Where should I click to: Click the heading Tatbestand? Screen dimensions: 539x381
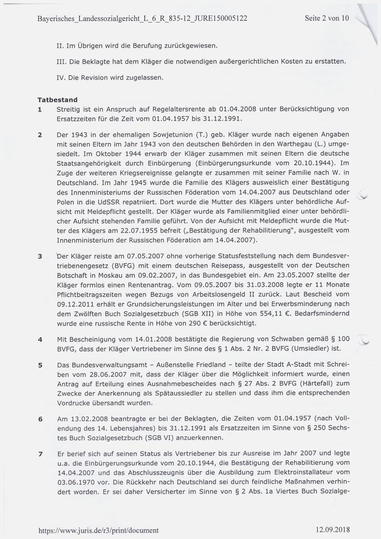click(57, 99)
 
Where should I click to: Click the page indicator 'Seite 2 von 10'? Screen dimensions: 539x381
click(327, 18)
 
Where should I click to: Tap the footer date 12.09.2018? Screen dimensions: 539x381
click(333, 530)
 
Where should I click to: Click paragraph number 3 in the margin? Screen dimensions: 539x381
click(40, 256)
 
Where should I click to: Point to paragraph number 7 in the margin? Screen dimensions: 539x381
click(40, 453)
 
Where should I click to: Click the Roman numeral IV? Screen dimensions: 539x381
click(60, 77)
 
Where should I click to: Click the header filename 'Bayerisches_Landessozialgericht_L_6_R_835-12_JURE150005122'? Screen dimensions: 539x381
click(143, 18)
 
